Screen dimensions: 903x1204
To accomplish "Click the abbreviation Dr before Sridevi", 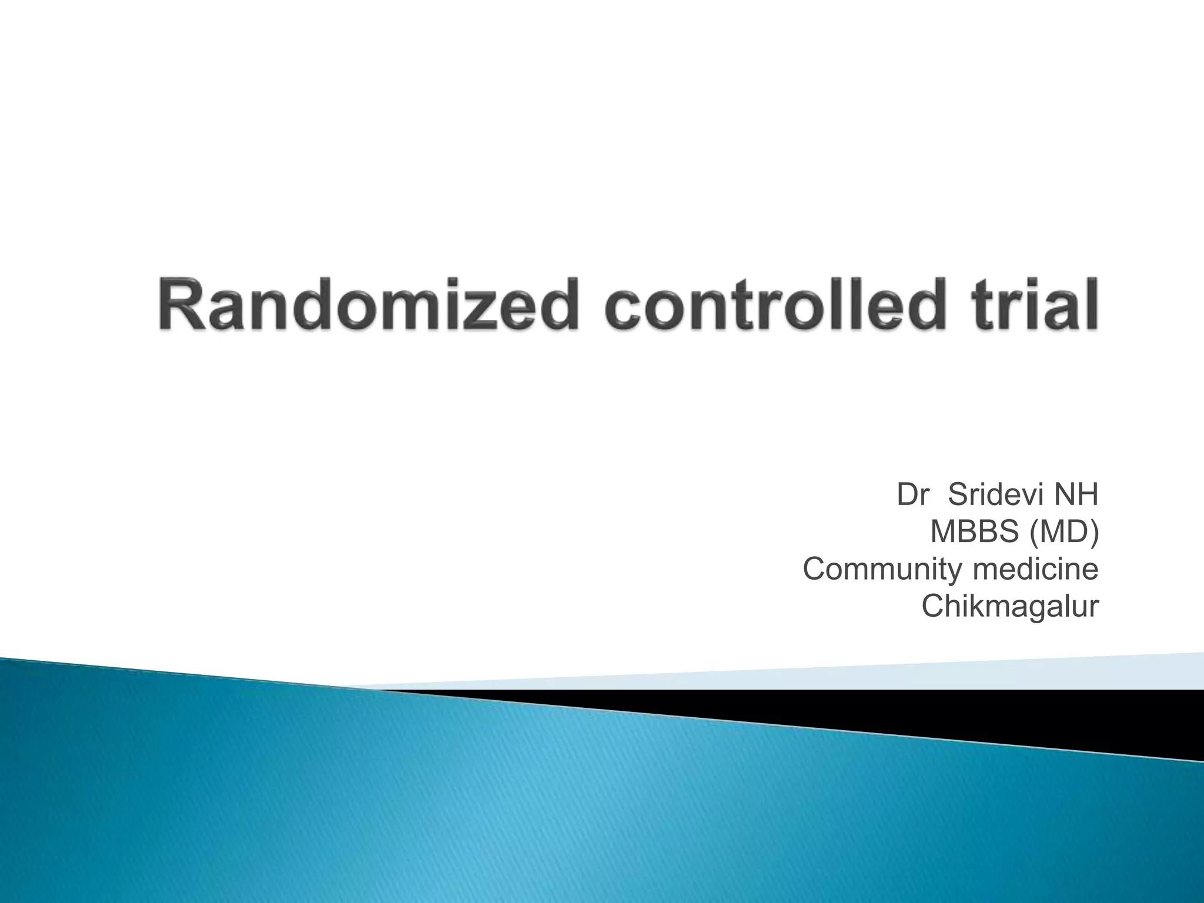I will [912, 495].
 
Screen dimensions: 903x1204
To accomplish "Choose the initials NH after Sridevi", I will [1076, 495].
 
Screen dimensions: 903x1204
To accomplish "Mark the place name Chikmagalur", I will [1009, 606].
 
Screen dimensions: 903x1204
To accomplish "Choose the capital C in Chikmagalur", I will [933, 606].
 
